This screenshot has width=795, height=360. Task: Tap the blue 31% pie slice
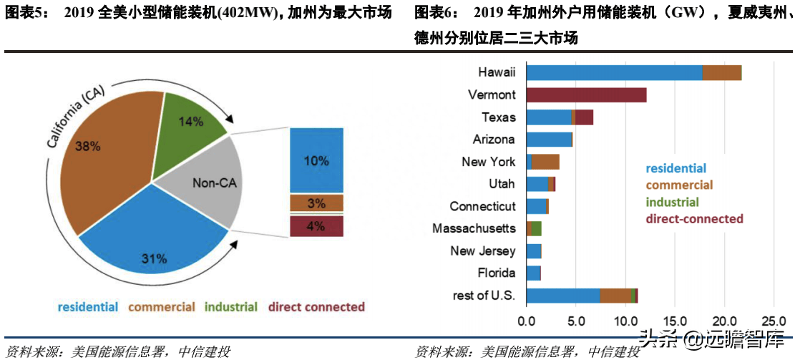pos(154,243)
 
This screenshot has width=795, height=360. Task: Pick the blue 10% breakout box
pos(316,160)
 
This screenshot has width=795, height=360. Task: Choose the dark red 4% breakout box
pos(316,226)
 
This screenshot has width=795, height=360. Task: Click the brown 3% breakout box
pos(316,203)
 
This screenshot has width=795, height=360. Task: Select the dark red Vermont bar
pos(586,95)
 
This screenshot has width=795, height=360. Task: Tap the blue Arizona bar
pos(549,140)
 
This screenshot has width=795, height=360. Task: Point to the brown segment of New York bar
pos(545,162)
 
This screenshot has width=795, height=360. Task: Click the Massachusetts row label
pos(474,229)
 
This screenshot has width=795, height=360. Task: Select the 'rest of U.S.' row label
pos(484,296)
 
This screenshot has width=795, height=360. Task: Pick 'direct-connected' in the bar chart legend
pos(694,219)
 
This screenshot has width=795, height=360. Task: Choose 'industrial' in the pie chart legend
pos(231,307)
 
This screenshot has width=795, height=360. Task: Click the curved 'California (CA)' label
pos(75,117)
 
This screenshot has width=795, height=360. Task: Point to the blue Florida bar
pos(533,273)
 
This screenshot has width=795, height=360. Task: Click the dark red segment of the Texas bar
pos(585,117)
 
